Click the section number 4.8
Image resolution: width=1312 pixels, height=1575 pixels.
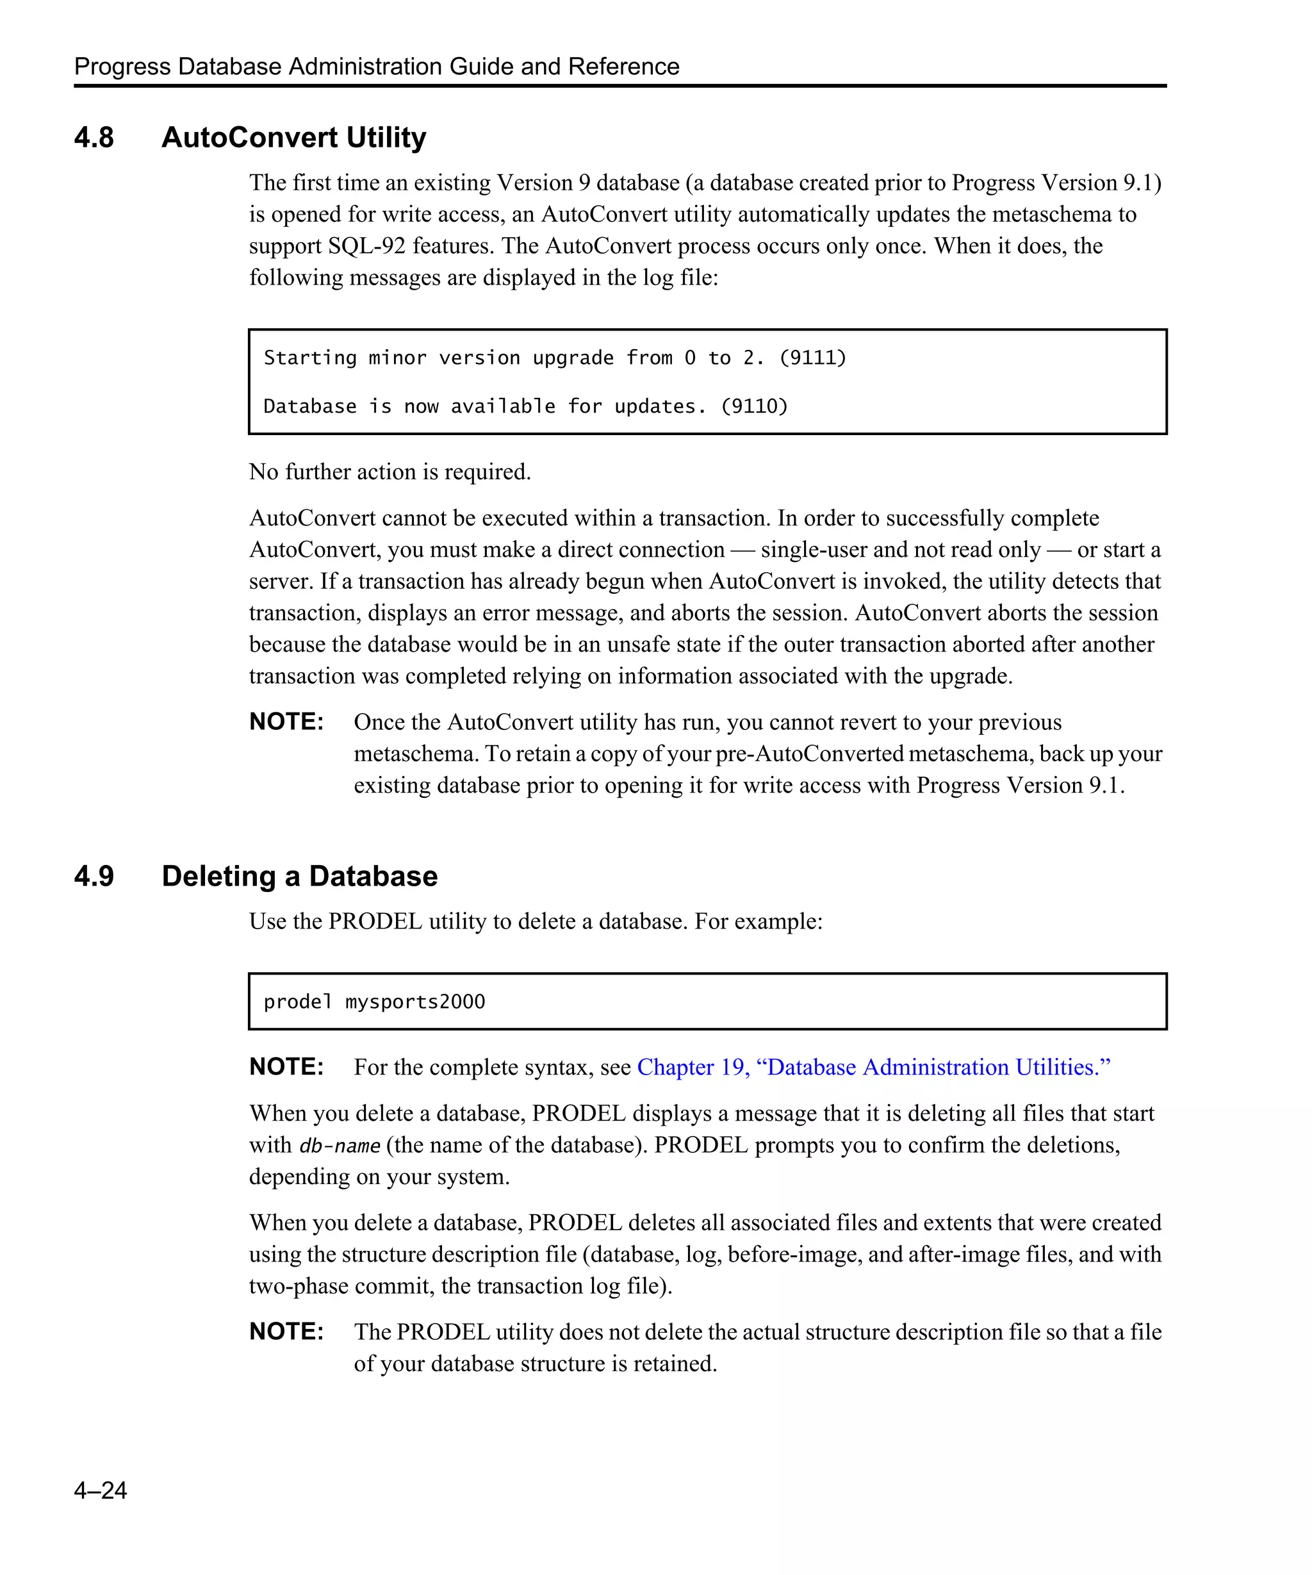coord(94,138)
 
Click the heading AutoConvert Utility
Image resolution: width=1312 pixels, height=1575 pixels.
coord(293,138)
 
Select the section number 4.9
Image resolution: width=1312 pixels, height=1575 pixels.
coord(94,876)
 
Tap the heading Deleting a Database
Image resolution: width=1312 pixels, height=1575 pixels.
coord(299,876)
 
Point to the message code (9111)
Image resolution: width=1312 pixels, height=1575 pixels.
coord(813,358)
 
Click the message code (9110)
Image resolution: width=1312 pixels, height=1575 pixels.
coord(754,406)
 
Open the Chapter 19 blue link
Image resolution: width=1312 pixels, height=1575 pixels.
coord(873,1068)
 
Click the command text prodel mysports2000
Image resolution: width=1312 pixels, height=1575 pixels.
coord(374,1002)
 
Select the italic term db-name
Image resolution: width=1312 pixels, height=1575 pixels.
coord(340,1146)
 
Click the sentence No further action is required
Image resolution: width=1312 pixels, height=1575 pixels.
coord(390,472)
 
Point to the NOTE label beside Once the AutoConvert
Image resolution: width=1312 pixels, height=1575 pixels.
coord(286,722)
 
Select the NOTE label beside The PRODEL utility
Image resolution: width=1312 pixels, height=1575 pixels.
coord(286,1332)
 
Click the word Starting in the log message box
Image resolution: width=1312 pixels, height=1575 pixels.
coord(309,358)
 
